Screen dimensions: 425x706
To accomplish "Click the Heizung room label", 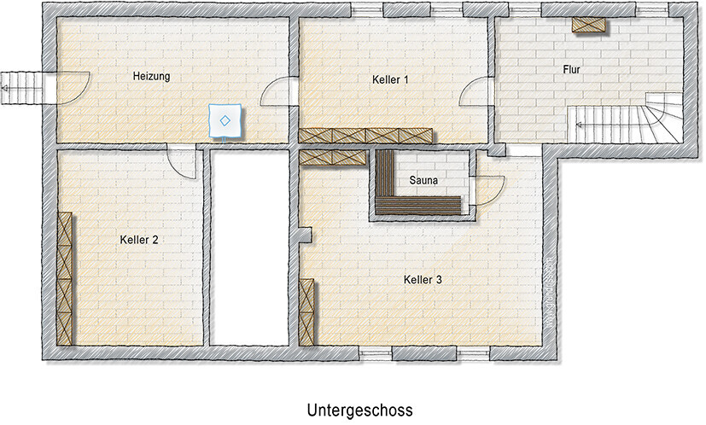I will click(152, 76).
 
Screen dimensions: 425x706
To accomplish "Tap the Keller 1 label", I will click(391, 79).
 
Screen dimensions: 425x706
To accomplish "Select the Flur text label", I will click(572, 69).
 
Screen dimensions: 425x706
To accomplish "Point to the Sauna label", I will click(424, 180).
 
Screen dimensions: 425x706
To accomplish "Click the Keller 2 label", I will click(139, 240).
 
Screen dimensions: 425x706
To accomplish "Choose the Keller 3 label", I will click(423, 279).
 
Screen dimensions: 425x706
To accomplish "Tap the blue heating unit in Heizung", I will click(225, 120).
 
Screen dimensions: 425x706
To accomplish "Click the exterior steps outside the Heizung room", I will click(20, 84).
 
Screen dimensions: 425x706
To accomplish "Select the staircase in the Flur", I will click(627, 119).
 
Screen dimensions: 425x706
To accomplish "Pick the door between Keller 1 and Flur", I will click(475, 90).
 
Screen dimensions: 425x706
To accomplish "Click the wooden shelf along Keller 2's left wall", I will click(66, 277).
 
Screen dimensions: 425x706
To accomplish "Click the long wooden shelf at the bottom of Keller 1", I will click(365, 136).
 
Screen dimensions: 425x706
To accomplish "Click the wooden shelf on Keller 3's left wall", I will click(307, 311).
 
